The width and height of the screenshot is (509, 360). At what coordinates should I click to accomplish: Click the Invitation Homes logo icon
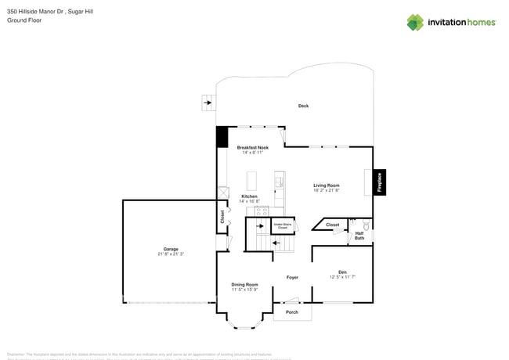coord(415,22)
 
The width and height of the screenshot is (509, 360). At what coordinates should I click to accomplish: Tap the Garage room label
coord(171,249)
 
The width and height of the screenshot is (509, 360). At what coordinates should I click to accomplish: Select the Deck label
coord(303,106)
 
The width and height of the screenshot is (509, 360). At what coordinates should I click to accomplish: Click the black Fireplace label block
coord(380,182)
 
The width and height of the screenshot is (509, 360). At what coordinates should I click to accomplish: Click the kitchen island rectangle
coord(252,181)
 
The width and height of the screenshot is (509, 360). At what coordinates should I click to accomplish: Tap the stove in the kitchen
coord(262,210)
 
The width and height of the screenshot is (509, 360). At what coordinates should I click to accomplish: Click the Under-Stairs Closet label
coord(280,226)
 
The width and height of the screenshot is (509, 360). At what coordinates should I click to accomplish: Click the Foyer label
coord(292,277)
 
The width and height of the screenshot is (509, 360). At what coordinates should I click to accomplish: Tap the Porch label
coord(291,312)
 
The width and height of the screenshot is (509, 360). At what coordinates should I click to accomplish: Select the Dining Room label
coord(244,284)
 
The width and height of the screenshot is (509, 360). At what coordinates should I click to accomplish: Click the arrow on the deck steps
coord(208,101)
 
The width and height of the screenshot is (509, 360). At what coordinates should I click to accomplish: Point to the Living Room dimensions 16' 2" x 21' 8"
coord(327,190)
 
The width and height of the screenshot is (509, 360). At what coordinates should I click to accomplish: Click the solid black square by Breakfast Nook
coord(222,137)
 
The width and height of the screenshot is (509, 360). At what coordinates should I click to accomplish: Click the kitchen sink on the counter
coord(280,182)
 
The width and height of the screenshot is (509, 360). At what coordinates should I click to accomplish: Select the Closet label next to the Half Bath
coord(332,225)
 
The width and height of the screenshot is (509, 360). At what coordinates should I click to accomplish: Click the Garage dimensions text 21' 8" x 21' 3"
coord(171,254)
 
